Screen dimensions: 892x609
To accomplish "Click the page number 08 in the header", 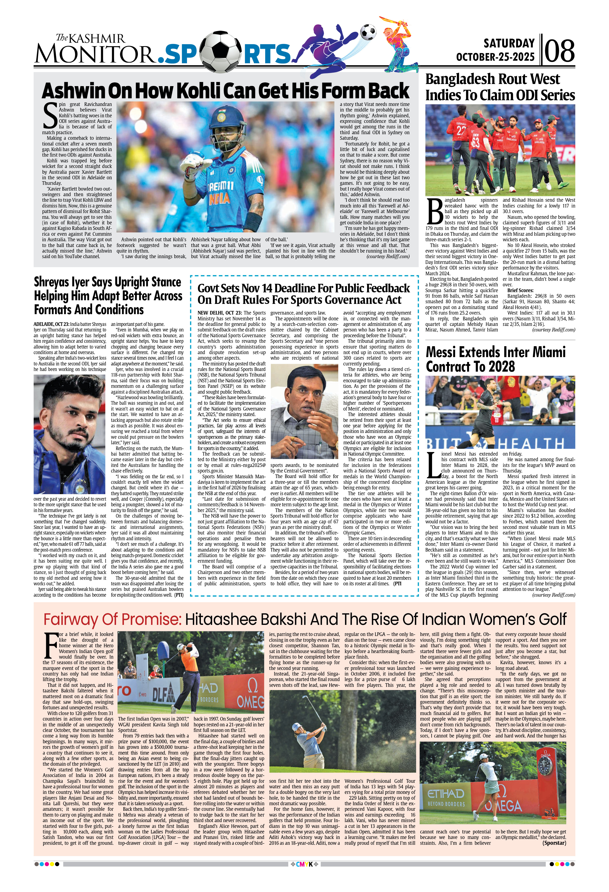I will (559, 51).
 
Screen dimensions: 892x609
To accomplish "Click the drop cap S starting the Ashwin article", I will (50, 116).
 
